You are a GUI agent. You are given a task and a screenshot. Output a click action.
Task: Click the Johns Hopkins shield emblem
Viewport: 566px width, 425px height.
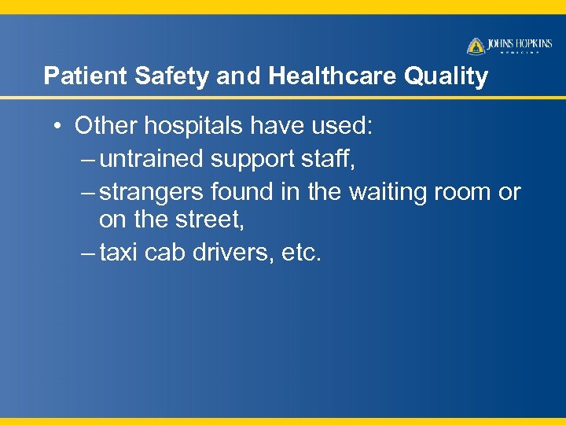click(476, 46)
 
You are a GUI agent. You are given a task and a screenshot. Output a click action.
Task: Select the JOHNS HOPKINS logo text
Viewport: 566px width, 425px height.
click(520, 44)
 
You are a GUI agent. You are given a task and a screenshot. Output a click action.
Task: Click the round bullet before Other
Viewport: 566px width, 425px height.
click(59, 126)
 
